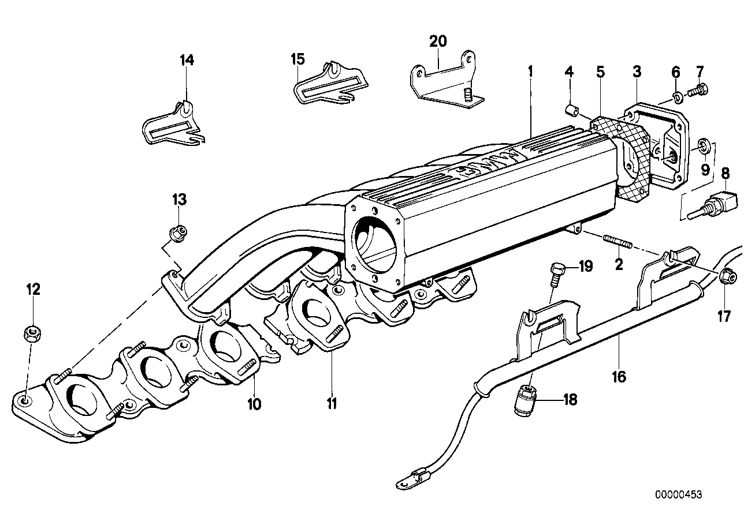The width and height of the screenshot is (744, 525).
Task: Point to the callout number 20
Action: pyautogui.click(x=438, y=41)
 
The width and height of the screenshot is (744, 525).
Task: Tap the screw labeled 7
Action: pyautogui.click(x=716, y=205)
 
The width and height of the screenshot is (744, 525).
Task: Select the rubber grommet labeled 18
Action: pyautogui.click(x=526, y=398)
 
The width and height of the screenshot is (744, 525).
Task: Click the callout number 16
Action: pyautogui.click(x=619, y=377)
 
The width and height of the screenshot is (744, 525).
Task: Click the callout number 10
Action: pyautogui.click(x=254, y=404)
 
